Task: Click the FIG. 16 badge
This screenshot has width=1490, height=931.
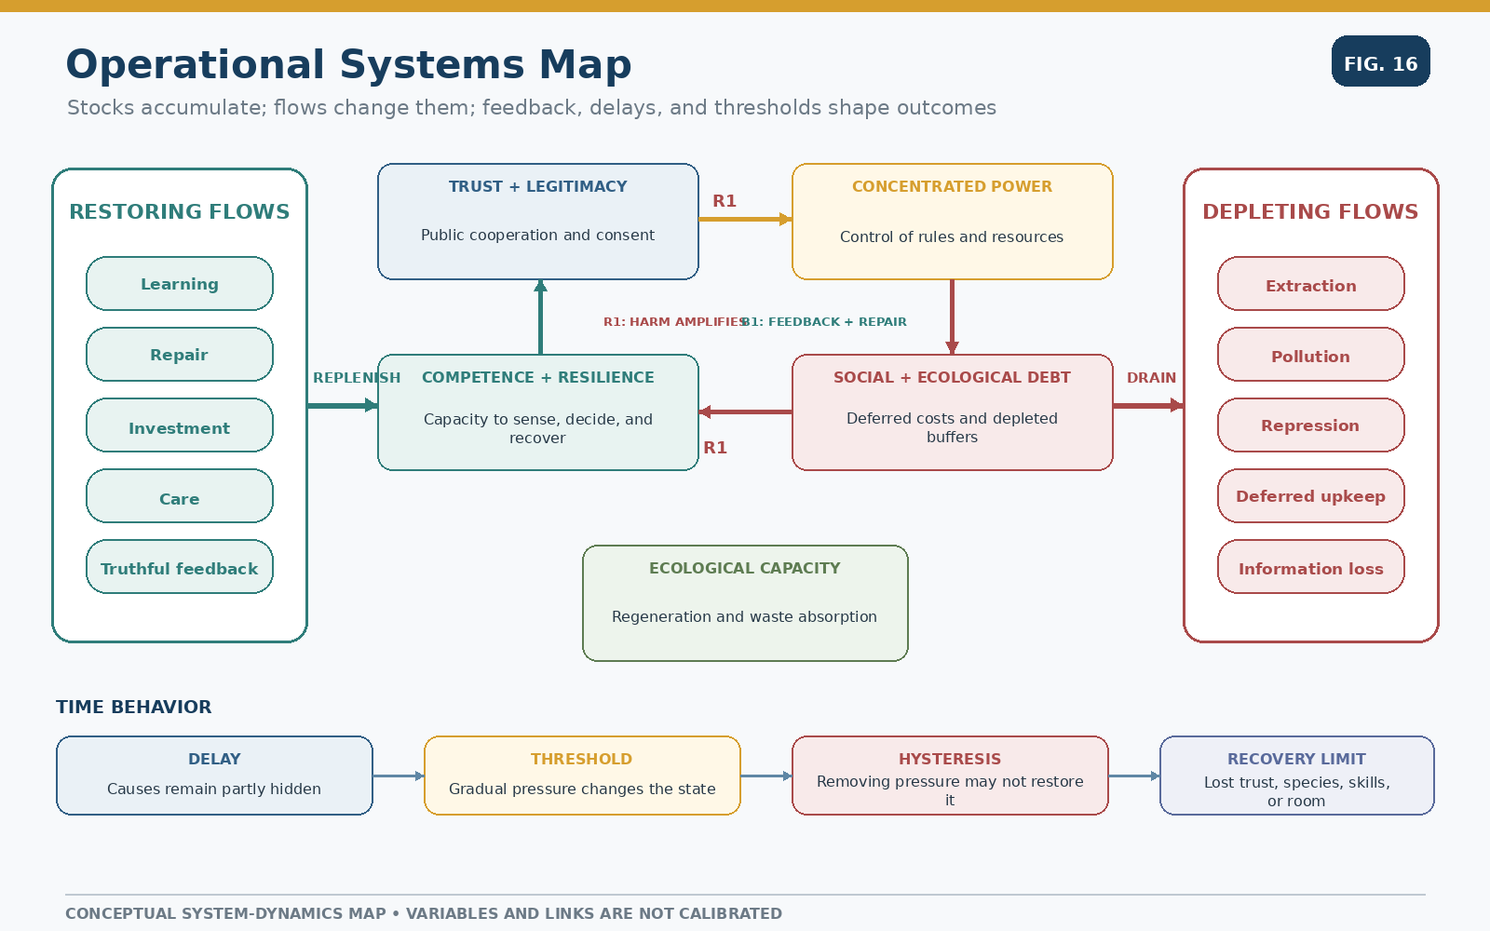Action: pos(1380,61)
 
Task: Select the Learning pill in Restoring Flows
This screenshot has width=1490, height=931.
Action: pos(180,283)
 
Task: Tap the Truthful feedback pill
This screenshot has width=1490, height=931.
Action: pos(180,567)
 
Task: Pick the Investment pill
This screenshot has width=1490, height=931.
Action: pos(180,425)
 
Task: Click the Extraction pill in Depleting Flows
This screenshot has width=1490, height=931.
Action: pos(1311,283)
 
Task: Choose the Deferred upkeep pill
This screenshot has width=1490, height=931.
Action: pos(1311,495)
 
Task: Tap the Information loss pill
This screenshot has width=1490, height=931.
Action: pos(1311,567)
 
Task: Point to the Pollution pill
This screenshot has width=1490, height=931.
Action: pos(1311,354)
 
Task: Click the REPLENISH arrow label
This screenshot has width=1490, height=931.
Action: pos(357,378)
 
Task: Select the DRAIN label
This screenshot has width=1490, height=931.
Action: pos(1151,378)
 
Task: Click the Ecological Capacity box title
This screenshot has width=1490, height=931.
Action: pos(745,568)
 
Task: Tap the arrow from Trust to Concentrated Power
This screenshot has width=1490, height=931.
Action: pos(745,219)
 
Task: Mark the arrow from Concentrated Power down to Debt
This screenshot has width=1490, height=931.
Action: pos(952,317)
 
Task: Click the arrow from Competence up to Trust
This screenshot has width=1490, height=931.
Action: pos(541,317)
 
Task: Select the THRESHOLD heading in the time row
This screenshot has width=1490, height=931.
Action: pos(581,759)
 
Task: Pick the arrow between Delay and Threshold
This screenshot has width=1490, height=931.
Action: pos(399,776)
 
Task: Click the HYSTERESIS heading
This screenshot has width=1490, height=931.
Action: pos(950,759)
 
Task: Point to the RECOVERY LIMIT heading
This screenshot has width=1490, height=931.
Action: pos(1296,759)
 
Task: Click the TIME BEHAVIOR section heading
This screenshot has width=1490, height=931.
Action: pos(134,707)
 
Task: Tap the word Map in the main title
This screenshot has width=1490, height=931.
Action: pos(585,65)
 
